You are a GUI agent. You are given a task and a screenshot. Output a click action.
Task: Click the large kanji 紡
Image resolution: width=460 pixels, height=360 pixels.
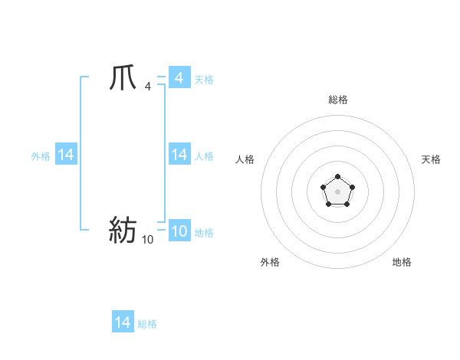tap(123, 230)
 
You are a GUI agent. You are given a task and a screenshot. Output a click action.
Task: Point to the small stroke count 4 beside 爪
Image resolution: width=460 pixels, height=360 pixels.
tap(147, 87)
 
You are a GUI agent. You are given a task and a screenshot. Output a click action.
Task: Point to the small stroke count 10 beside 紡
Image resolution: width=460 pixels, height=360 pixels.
tap(147, 240)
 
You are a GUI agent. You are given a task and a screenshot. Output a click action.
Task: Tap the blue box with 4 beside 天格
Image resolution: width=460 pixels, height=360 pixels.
tap(179, 78)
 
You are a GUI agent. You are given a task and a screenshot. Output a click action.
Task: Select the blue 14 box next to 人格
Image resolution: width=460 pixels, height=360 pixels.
tap(179, 155)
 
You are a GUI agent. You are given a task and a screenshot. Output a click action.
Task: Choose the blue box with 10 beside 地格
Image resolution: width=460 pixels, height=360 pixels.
tap(179, 231)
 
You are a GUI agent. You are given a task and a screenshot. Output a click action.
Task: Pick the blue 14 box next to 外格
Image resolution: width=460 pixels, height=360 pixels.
tap(66, 155)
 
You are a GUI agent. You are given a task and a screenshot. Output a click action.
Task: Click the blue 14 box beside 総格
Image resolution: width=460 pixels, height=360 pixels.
tap(123, 322)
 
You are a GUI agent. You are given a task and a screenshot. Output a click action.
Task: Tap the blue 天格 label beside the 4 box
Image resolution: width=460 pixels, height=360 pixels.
tap(204, 79)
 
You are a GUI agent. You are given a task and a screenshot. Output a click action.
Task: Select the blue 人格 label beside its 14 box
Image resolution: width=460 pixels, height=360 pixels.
tap(204, 155)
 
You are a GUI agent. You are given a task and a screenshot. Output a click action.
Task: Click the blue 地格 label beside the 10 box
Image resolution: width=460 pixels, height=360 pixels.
tap(204, 232)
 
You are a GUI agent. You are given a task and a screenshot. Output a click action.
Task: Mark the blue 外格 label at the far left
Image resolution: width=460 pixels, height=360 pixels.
tap(41, 155)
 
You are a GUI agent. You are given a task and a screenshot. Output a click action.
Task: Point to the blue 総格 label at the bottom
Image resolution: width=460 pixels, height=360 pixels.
tap(147, 323)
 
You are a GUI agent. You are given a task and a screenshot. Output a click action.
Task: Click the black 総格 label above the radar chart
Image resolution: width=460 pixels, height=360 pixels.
tap(337, 100)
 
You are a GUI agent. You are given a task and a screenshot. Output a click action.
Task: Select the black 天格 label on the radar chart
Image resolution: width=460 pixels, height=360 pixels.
tap(432, 159)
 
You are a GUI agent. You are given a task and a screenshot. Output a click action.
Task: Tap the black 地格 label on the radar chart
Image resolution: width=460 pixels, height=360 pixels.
tap(402, 262)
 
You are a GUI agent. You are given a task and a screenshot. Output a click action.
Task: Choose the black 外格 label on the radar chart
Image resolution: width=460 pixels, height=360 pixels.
tap(270, 262)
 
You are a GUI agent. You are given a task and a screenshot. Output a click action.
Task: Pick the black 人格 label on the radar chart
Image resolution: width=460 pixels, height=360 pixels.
tap(245, 159)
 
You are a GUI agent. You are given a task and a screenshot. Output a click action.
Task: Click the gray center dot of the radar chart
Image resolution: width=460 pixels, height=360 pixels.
tap(337, 191)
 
